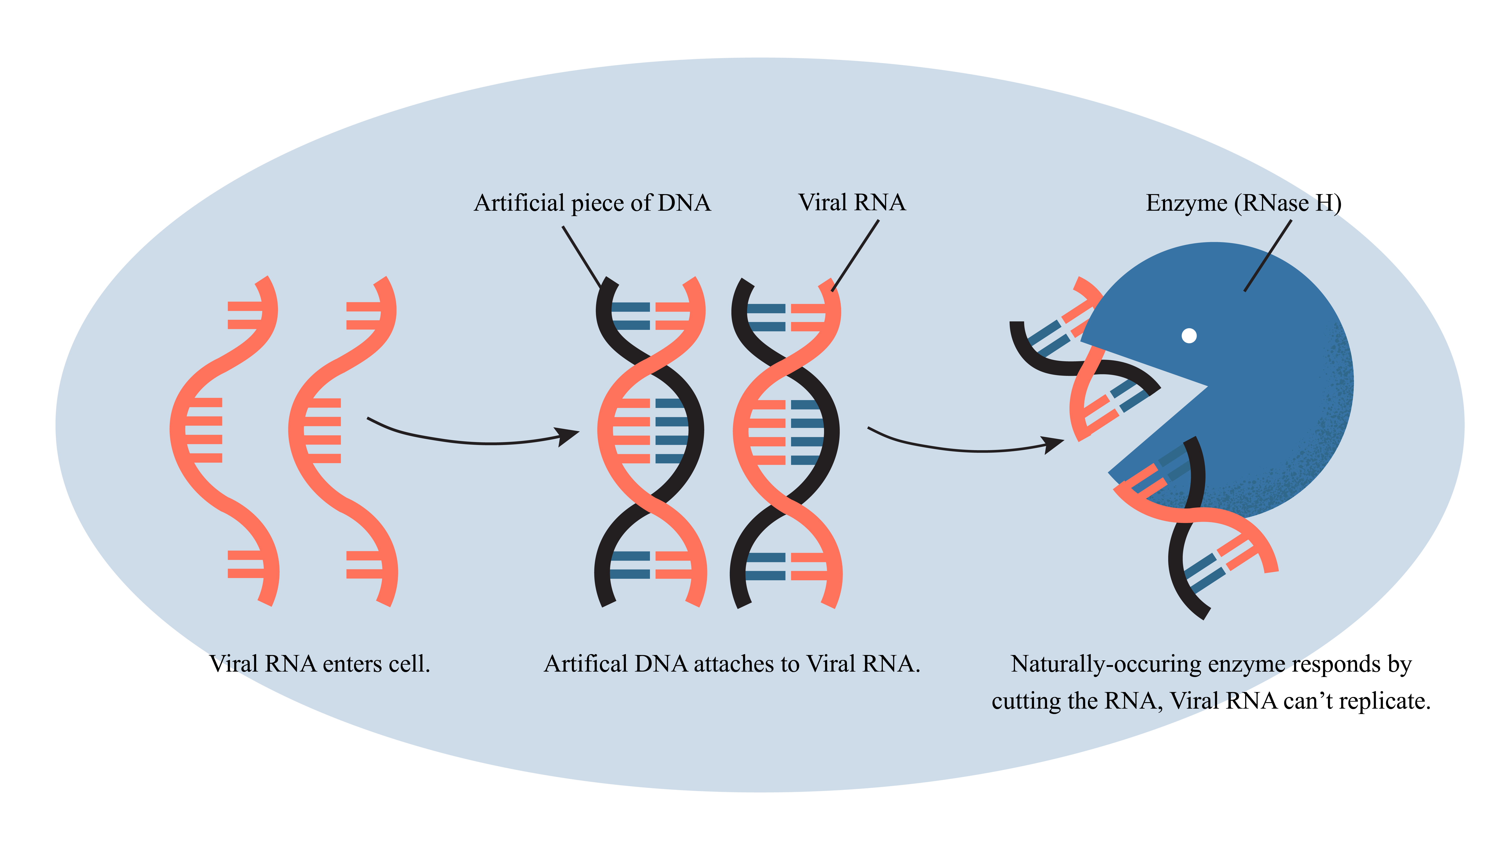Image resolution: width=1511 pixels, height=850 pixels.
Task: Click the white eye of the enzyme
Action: [x=1189, y=335]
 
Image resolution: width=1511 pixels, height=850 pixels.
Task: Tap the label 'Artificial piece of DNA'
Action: [x=593, y=203]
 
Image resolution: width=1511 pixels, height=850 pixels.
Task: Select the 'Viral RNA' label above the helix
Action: [x=852, y=202]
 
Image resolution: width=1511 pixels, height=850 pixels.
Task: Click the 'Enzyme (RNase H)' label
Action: [x=1244, y=203]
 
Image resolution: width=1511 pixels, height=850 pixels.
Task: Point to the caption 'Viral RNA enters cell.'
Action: [x=320, y=664]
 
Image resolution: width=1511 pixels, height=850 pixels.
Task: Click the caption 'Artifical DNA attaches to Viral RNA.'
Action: [x=732, y=664]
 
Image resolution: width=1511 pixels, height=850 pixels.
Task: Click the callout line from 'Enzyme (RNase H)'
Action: [x=1268, y=256]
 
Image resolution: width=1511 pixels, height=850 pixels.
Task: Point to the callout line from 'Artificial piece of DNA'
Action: [x=582, y=257]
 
